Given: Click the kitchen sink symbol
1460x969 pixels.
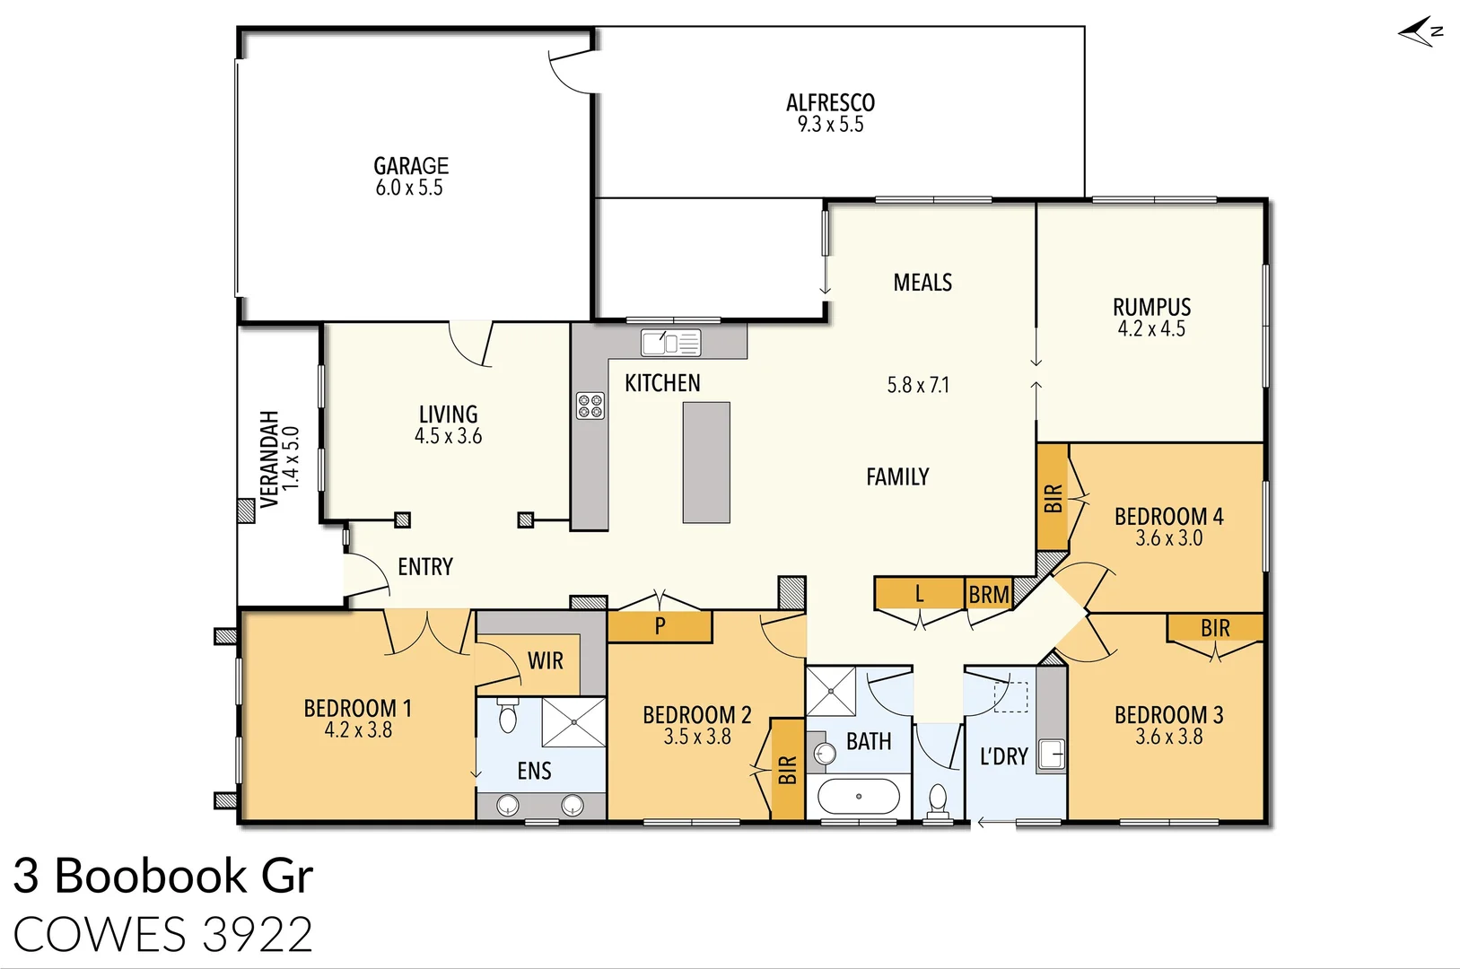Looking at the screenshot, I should pos(670,343).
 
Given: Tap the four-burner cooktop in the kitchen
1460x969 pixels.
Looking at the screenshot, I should pos(590,406).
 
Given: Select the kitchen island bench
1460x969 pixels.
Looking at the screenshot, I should pos(706,462).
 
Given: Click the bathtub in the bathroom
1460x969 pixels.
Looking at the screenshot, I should pos(859,796).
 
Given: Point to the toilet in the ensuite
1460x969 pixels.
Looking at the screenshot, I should pos(508,717).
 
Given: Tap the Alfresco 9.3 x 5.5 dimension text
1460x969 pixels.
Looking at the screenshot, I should pos(830,125).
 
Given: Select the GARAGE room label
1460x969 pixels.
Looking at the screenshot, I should pos(411,166).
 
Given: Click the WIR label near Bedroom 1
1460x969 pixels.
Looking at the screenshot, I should pos(545,661).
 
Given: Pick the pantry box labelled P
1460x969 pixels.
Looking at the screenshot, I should pos(660,626).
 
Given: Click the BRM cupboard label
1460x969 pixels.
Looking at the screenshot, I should pos(989,594).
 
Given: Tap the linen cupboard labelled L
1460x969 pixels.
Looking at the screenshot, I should pos(919,593).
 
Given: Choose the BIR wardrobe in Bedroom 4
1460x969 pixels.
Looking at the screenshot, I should pos(1053,498).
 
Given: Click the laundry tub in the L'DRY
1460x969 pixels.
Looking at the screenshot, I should pos(1051,755).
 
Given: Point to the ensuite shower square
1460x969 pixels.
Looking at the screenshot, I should pos(574,721).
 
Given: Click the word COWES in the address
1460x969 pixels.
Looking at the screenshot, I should pos(100,935).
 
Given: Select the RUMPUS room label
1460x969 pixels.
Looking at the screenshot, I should pos(1151,307).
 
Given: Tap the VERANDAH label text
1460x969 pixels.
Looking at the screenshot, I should pos(269,458).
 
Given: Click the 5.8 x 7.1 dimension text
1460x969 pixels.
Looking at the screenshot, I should pos(918,385).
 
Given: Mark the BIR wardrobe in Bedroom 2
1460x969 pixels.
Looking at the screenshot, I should pos(787,769).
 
